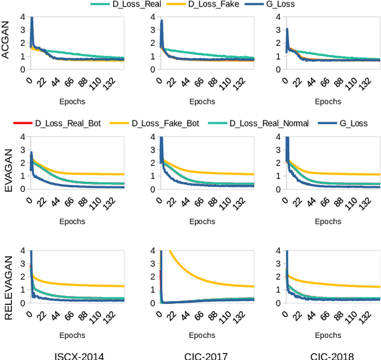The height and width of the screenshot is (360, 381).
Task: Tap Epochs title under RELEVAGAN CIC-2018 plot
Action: [x=328, y=335]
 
